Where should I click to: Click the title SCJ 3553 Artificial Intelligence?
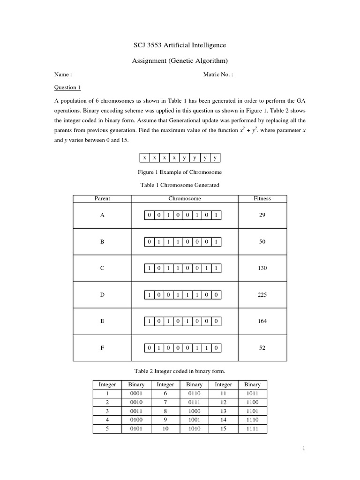click(180, 45)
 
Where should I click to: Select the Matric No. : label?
click(218, 74)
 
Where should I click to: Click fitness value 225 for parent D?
click(262, 295)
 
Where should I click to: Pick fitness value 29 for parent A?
click(262, 215)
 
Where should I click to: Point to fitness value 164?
click(262, 322)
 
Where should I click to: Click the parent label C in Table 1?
click(102, 269)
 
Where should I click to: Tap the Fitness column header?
click(262, 198)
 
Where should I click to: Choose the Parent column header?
click(102, 198)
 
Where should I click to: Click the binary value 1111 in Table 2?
click(252, 429)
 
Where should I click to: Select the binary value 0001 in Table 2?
click(136, 393)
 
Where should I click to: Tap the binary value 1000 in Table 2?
click(194, 411)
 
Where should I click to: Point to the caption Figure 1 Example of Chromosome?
click(180, 172)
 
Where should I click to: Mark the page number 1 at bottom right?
click(304, 449)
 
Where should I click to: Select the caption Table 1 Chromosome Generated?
click(180, 185)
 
